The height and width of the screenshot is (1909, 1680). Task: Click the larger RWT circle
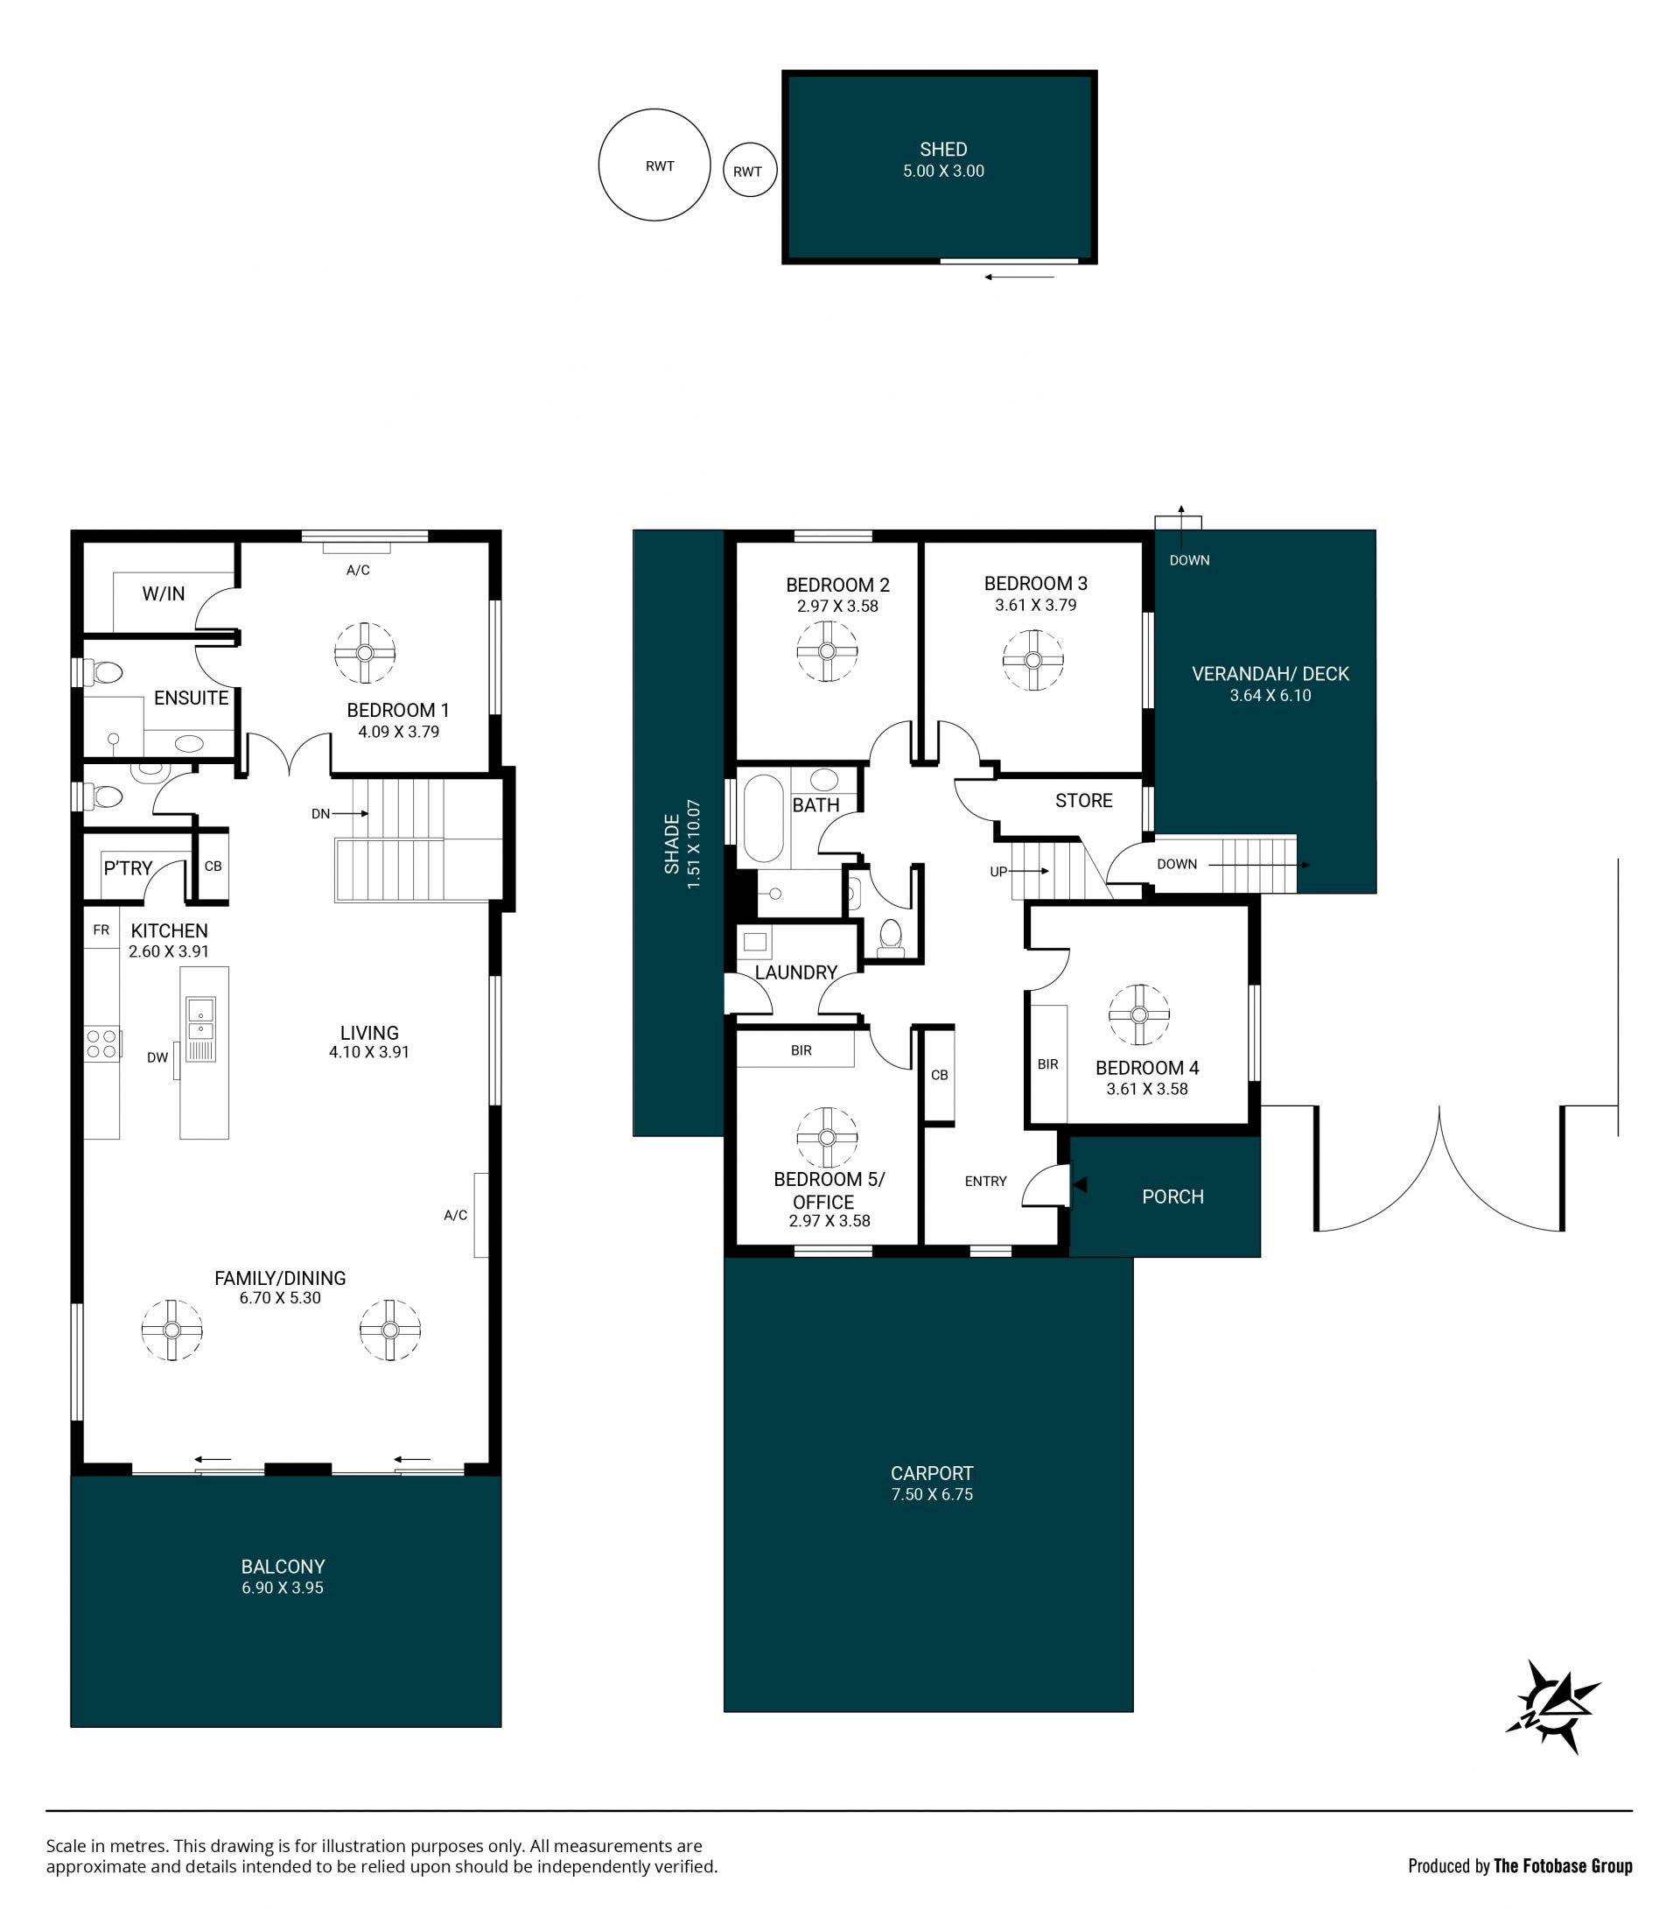(x=600, y=165)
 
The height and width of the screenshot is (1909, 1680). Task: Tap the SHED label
(x=943, y=150)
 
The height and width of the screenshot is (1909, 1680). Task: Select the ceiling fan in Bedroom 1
(x=365, y=653)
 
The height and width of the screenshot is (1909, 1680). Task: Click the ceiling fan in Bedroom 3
(x=1032, y=660)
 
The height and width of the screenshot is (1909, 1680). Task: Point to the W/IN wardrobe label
(x=164, y=594)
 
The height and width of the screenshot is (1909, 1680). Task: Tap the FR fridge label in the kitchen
(x=101, y=930)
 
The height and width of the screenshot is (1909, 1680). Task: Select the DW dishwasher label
(x=157, y=1057)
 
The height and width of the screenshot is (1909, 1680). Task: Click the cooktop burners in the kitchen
(x=101, y=1044)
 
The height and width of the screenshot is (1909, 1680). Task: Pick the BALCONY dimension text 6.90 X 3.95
(x=282, y=1588)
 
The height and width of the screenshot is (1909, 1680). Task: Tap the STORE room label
(x=1083, y=800)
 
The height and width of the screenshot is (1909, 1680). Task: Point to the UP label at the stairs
(x=998, y=872)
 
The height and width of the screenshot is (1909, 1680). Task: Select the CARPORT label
(x=931, y=1473)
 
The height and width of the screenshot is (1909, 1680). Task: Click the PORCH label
(x=1172, y=1197)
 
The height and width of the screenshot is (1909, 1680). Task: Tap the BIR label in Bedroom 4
(x=1047, y=1063)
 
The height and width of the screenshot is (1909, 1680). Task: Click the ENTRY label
(x=985, y=1182)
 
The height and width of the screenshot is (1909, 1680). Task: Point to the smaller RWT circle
(x=724, y=169)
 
